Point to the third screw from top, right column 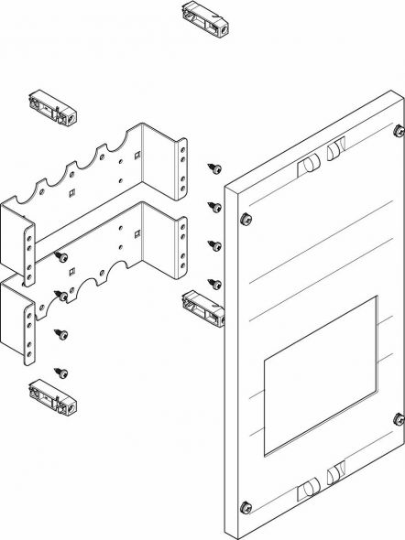(x=214, y=244)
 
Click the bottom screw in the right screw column (x=214, y=282)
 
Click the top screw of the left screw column (x=60, y=256)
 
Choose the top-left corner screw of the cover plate (x=246, y=219)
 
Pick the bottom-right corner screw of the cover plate (x=399, y=419)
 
